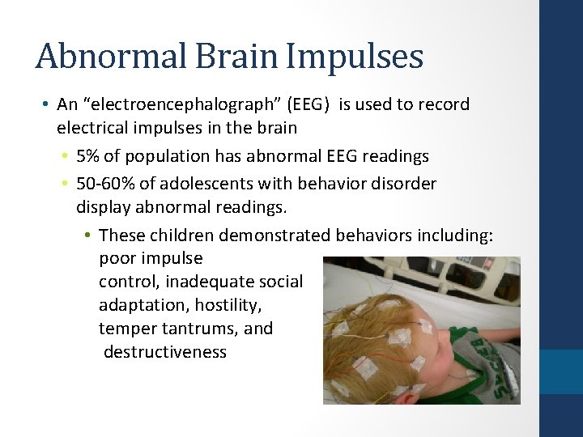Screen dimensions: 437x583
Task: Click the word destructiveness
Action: coord(165,352)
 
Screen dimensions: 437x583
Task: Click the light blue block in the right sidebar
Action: coord(561,371)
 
